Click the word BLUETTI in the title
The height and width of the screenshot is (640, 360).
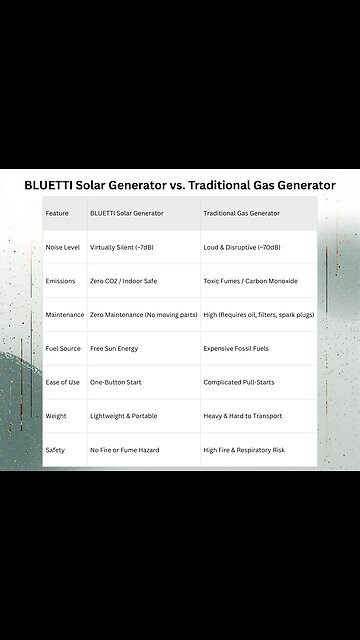click(61, 185)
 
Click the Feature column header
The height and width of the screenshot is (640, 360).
click(58, 213)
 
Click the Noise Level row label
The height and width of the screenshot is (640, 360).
click(63, 247)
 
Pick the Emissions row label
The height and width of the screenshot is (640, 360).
click(61, 281)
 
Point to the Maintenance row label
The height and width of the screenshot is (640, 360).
click(65, 315)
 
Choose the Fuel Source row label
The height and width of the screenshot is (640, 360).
click(63, 349)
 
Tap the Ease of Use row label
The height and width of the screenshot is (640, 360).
click(63, 382)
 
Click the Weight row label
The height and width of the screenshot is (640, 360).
click(57, 416)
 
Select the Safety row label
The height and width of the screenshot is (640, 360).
click(55, 450)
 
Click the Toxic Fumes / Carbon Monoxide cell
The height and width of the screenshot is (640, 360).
click(250, 281)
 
